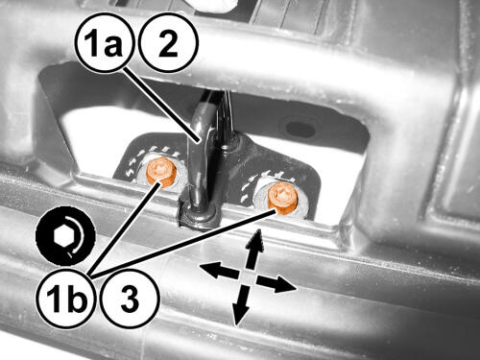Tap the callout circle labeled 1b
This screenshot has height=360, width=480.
tap(67, 299)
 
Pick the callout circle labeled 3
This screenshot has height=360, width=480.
tap(131, 299)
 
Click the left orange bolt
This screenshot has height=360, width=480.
tap(161, 172)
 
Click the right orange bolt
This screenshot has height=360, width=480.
tap(282, 200)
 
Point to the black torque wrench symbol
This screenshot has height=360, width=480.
tap(65, 236)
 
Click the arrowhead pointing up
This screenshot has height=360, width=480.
tap(256, 239)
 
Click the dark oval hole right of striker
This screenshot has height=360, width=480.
tap(300, 129)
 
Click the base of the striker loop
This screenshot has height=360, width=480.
tap(199, 213)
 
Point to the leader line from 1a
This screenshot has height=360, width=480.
tap(162, 105)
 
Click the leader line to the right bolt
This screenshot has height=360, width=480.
tap(183, 243)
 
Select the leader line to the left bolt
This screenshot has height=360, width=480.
tap(125, 228)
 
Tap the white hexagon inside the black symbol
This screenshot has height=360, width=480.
tap(63, 236)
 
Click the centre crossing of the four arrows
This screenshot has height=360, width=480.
tap(248, 277)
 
